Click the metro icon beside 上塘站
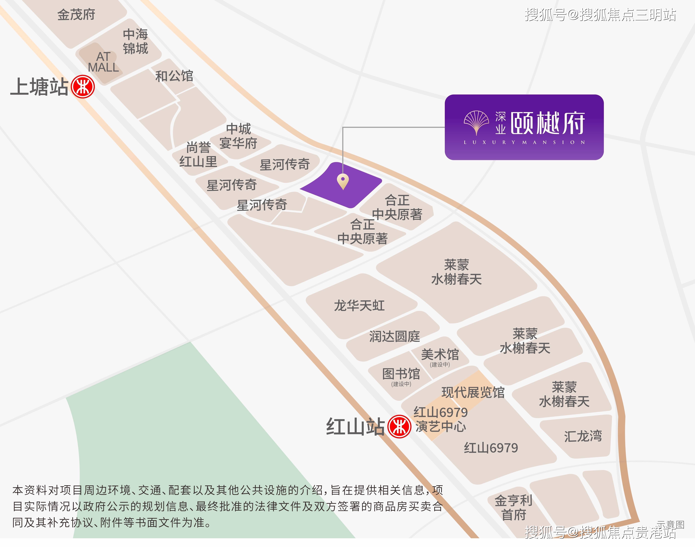pyautogui.click(x=83, y=87)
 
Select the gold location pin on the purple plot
pyautogui.click(x=343, y=181)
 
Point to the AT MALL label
pyautogui.click(x=103, y=62)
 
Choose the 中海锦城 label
pyautogui.click(x=136, y=41)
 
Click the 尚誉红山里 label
pyautogui.click(x=198, y=155)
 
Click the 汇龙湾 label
pyautogui.click(x=583, y=436)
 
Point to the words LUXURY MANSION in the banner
pyautogui.click(x=524, y=142)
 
